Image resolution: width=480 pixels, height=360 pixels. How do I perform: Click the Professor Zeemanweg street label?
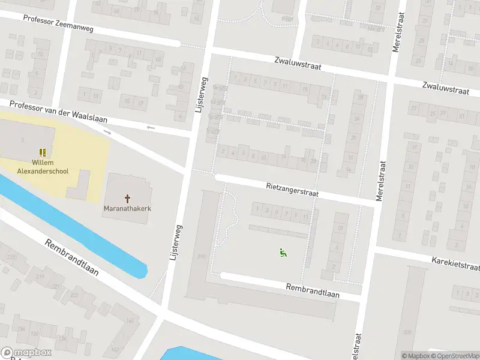[x=59, y=23]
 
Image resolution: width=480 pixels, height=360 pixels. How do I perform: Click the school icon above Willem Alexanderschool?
[x=43, y=153]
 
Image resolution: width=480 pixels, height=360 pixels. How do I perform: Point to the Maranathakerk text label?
[x=127, y=209]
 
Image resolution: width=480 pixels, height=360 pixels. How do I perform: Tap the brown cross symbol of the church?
[x=127, y=198]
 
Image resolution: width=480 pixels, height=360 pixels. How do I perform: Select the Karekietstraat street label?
[x=455, y=263]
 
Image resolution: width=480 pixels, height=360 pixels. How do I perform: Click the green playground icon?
[x=283, y=253]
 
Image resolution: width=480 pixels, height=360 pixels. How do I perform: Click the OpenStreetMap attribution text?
[x=455, y=356]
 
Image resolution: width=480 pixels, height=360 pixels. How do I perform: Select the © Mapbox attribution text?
[x=416, y=356]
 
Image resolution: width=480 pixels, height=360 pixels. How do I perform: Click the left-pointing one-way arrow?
[x=151, y=128]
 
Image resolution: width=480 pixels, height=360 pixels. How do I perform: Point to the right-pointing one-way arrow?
[x=108, y=132]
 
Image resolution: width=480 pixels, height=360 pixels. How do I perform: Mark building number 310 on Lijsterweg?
[x=200, y=257]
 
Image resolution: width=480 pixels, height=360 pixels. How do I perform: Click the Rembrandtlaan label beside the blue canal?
[x=71, y=258]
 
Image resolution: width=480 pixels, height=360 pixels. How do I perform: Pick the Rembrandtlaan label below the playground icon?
[x=313, y=291]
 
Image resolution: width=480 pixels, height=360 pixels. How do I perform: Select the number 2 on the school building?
[x=23, y=139]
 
